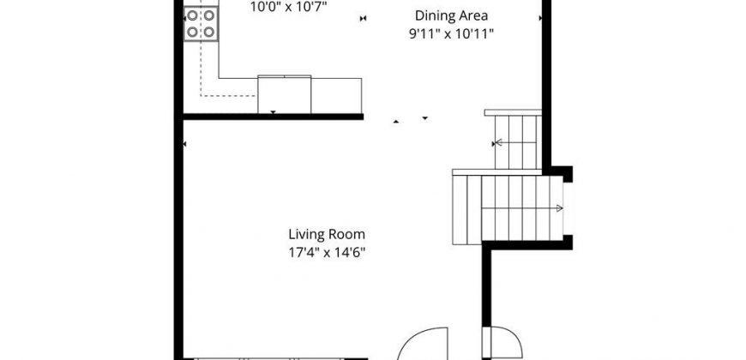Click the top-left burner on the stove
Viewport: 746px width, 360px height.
(192, 15)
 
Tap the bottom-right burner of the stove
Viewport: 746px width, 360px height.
(209, 32)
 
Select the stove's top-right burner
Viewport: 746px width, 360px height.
(209, 15)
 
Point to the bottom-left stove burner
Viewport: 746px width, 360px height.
(192, 32)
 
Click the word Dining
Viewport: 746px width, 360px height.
(432, 15)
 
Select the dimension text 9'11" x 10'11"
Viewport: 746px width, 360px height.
(452, 34)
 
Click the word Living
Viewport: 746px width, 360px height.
(305, 235)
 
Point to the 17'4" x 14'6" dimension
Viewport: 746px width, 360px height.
(327, 253)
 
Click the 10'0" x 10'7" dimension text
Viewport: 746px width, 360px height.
(289, 7)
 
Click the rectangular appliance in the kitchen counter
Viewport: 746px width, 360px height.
(285, 94)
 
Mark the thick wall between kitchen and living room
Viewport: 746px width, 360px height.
(273, 117)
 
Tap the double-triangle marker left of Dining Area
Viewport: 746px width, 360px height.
(363, 19)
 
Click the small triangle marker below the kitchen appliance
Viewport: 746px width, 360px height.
(273, 112)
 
